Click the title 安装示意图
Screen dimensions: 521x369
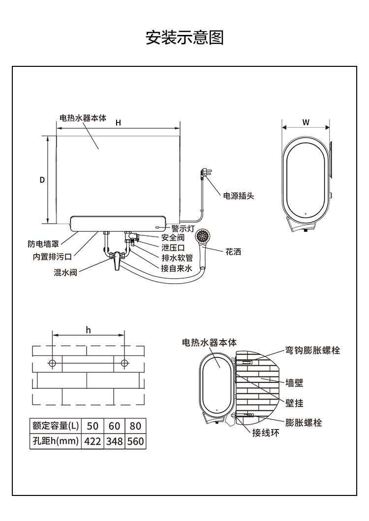[184, 37]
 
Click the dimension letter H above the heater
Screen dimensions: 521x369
[118, 123]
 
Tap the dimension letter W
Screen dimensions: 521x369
[306, 123]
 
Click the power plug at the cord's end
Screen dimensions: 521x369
[206, 174]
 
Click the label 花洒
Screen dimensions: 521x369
[234, 252]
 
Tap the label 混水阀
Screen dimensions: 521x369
[65, 272]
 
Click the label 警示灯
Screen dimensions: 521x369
[183, 229]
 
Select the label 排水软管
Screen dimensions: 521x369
[177, 258]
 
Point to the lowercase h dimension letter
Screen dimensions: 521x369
[88, 330]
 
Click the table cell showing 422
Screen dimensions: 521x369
[92, 441]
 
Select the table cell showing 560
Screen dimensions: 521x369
[135, 441]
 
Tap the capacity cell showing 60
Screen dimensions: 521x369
[114, 426]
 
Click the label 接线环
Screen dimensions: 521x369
[266, 433]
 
